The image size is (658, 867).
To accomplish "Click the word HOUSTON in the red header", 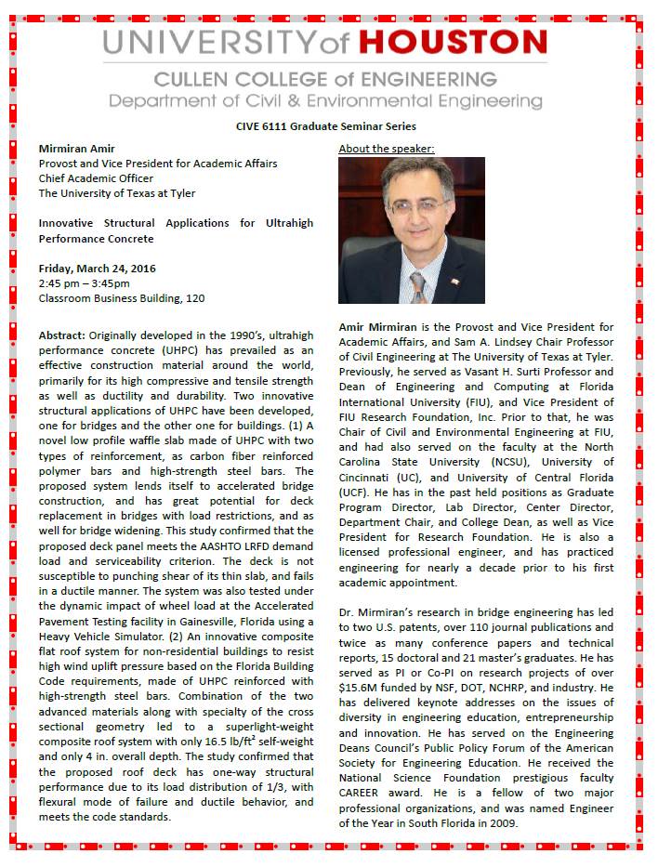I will click(x=453, y=42).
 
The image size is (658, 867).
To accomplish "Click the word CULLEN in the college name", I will click(x=198, y=80).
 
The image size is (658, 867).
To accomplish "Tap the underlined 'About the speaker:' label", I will click(x=387, y=149).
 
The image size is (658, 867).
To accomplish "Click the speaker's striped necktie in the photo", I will click(x=418, y=286).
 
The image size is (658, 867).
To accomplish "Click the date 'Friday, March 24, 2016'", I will click(x=97, y=269).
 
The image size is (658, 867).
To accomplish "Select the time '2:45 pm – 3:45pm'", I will click(x=84, y=283).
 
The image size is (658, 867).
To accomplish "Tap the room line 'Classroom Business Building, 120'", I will click(x=121, y=298).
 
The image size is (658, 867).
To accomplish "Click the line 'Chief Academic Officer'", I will click(x=96, y=178).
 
